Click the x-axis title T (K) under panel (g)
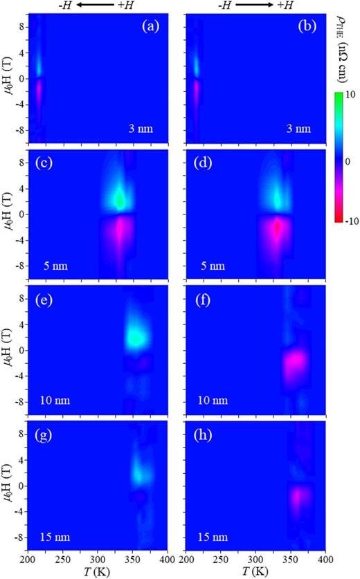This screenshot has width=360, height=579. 104,572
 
